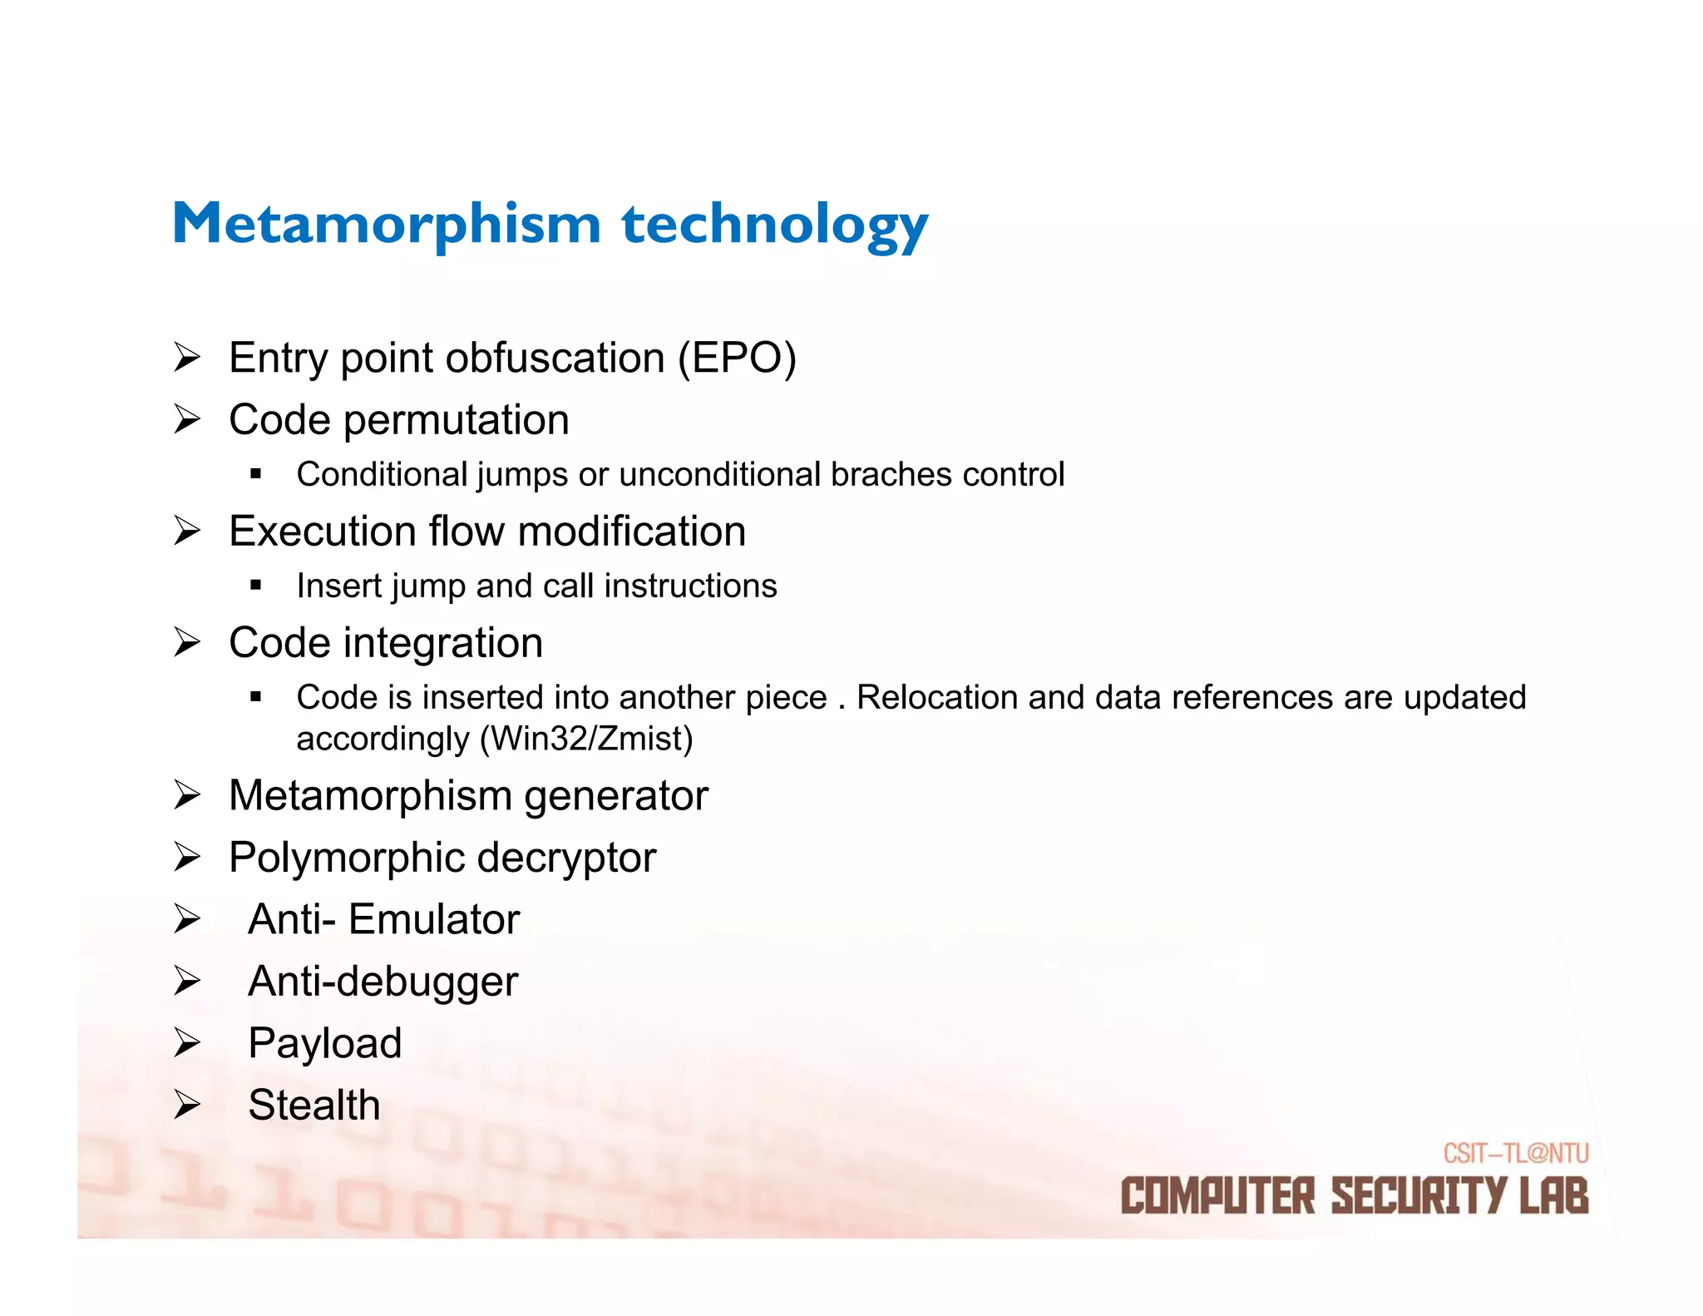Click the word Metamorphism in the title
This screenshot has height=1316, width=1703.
(386, 224)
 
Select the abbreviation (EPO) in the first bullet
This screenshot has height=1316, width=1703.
(737, 359)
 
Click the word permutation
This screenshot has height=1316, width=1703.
(457, 420)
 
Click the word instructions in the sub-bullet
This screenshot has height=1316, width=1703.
(690, 586)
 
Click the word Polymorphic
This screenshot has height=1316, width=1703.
(347, 858)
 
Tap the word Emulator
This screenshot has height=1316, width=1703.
(434, 919)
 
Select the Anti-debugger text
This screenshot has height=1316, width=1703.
(383, 982)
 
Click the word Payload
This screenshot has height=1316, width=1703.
(325, 1043)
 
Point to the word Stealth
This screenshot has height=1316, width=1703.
(314, 1105)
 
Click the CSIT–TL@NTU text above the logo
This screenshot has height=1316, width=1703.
(1515, 1153)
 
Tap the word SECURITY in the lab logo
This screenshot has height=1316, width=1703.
(1419, 1196)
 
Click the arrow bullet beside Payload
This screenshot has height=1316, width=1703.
(187, 1043)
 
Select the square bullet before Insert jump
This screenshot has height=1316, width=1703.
(255, 586)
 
